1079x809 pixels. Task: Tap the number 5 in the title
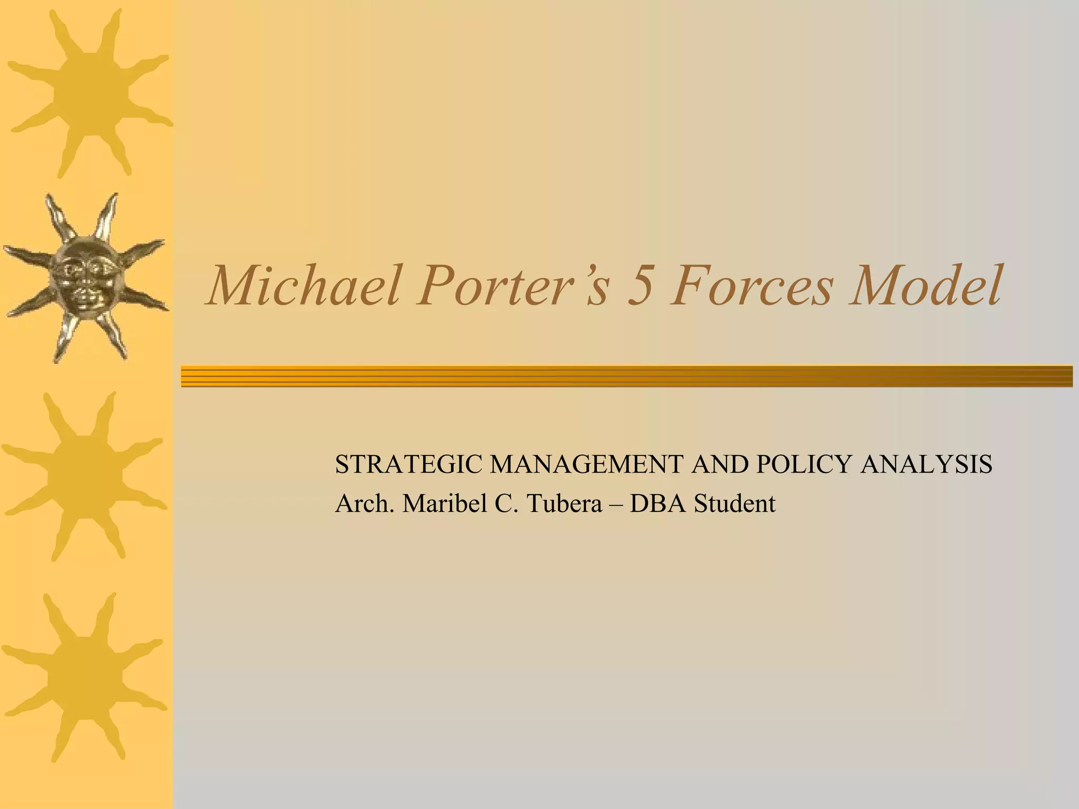(x=639, y=287)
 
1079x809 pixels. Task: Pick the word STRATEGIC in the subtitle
(x=409, y=465)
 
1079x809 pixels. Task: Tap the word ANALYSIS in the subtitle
(x=926, y=465)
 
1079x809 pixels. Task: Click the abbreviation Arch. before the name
(x=365, y=504)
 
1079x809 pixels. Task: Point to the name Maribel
(x=444, y=504)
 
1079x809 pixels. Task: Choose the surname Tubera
(x=564, y=504)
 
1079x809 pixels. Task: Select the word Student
(x=734, y=505)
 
